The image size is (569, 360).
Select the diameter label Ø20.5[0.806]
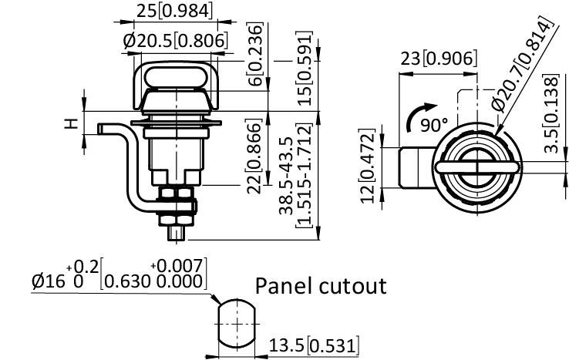[x=175, y=41]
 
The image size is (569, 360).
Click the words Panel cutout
[x=320, y=286]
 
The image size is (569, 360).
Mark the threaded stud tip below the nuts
[x=178, y=230]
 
